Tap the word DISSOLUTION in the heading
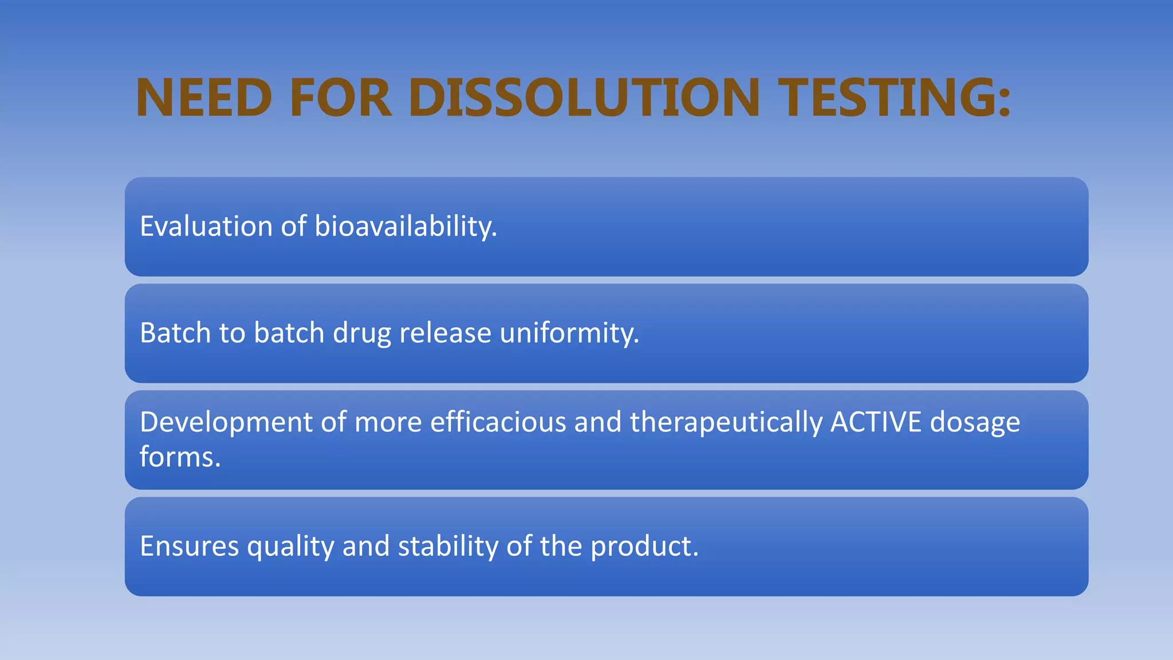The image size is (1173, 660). (x=584, y=97)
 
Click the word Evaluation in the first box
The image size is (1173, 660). (x=206, y=226)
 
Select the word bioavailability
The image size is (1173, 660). (x=405, y=226)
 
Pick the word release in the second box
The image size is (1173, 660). (x=445, y=333)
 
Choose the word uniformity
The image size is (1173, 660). (x=568, y=333)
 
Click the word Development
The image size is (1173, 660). (x=226, y=423)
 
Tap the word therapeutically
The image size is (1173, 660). (x=726, y=423)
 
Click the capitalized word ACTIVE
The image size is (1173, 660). (x=876, y=422)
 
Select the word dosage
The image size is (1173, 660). (x=974, y=423)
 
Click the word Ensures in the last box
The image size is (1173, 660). (x=189, y=546)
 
